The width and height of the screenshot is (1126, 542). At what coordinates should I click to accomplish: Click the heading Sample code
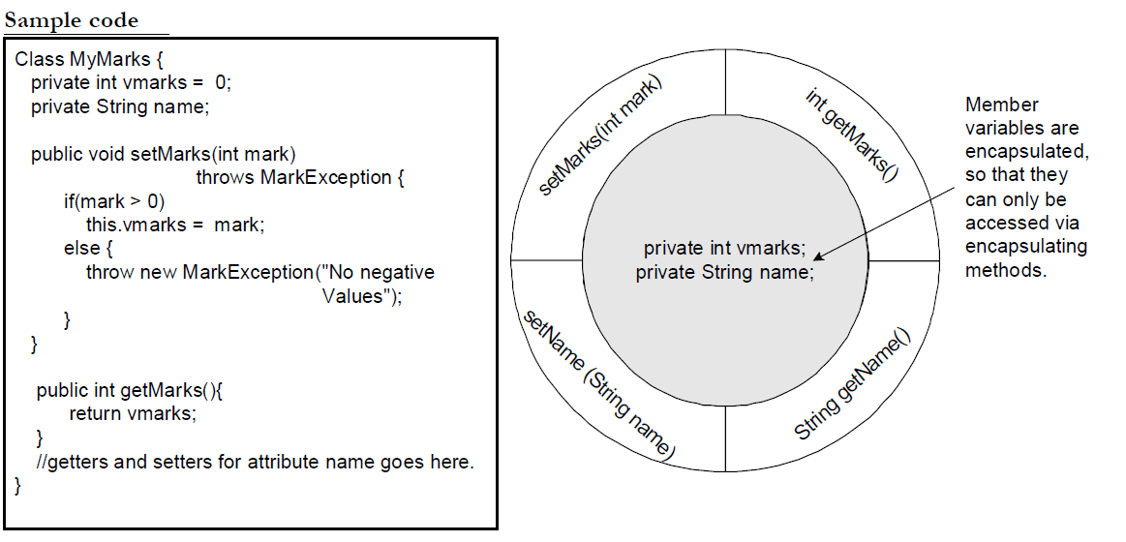[72, 20]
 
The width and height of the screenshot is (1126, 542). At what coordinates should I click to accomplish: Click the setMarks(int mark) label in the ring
[599, 135]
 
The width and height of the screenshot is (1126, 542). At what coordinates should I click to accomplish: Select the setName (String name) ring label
[598, 385]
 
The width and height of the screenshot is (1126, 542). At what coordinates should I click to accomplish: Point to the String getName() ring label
[852, 384]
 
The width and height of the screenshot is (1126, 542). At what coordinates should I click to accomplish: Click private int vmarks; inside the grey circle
[724, 249]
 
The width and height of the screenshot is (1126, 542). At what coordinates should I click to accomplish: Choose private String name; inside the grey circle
[724, 273]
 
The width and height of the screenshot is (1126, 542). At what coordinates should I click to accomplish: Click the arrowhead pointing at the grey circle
[820, 256]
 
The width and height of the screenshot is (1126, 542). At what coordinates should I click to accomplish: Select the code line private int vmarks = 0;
[131, 83]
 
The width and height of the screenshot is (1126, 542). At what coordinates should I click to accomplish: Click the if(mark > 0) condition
[114, 201]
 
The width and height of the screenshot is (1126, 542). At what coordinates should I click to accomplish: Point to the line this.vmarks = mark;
[174, 225]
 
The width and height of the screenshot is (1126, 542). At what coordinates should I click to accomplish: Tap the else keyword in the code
[79, 249]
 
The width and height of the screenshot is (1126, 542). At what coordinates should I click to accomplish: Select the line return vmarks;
[133, 414]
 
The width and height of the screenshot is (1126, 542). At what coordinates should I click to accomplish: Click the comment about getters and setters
[255, 462]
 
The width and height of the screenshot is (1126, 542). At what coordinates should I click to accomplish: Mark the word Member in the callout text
[1001, 105]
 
